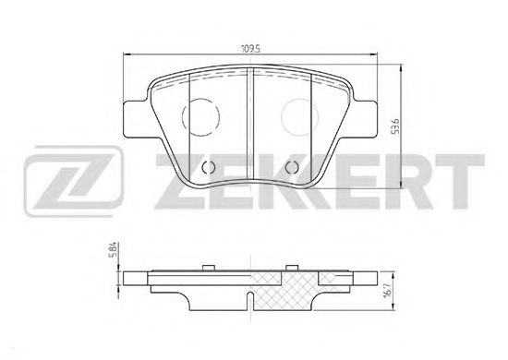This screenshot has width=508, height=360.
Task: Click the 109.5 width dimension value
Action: coord(250,49)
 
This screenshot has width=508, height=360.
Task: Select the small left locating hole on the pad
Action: coord(209,167)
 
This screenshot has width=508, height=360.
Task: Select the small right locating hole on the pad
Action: coord(292,167)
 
